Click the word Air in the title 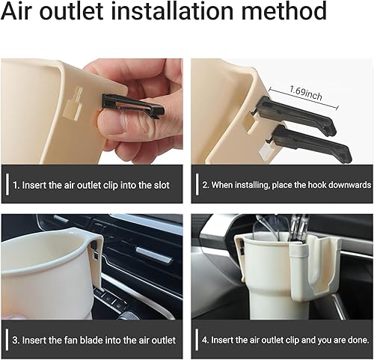pos(23,13)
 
